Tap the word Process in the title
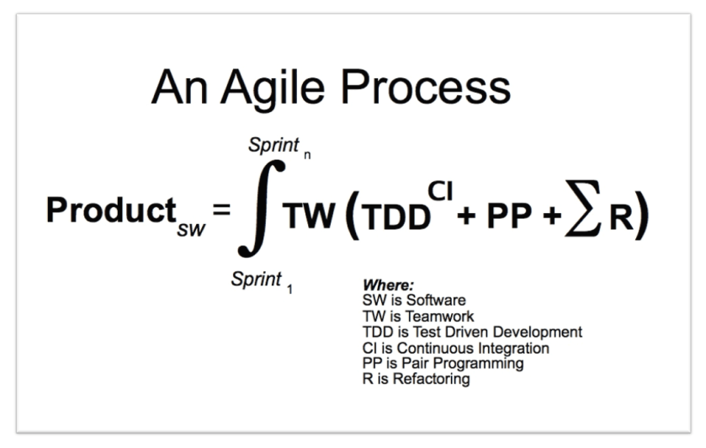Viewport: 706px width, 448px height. tap(426, 87)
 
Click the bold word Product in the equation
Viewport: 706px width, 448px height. tap(111, 210)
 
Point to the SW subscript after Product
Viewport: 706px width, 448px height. tap(191, 230)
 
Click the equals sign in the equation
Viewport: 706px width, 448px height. tap(221, 210)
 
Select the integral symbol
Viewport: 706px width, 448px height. tap(261, 209)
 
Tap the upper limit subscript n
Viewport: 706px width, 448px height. tap(307, 155)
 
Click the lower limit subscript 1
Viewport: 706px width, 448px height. tap(289, 289)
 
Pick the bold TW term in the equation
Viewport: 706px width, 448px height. tap(310, 216)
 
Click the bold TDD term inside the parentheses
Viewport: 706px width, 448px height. tap(396, 217)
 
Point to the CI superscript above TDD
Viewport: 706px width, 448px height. tap(440, 191)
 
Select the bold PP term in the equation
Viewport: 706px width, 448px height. tap(509, 216)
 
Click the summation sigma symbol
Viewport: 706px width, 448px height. tap(583, 208)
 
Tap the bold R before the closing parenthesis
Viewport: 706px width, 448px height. tap(621, 216)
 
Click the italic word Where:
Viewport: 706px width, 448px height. tap(388, 285)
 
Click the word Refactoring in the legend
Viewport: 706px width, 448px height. tap(431, 379)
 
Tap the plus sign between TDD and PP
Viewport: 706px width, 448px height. tap(466, 216)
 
